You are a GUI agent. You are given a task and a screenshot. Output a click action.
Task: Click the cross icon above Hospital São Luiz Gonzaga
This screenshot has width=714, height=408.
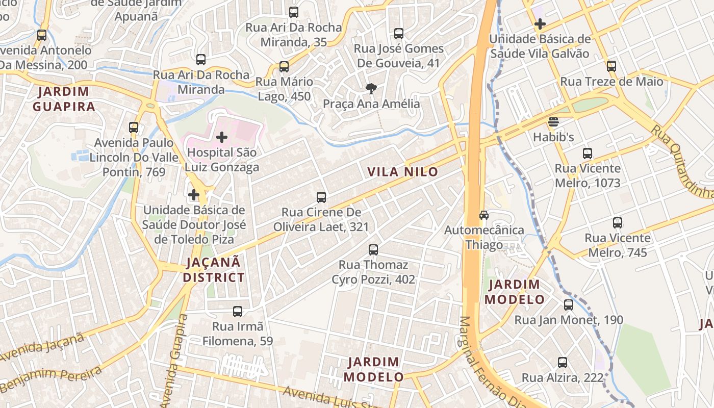222,137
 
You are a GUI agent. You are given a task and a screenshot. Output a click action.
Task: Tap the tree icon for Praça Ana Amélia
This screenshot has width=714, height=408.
371,89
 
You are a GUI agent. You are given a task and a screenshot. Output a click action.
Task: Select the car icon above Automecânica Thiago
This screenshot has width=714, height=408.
484,215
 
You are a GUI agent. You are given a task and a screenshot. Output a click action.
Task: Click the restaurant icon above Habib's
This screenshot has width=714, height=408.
553,122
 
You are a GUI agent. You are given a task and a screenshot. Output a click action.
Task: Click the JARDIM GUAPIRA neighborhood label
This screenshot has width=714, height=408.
64,99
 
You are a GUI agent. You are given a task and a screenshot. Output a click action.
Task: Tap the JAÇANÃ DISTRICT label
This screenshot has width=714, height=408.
214,270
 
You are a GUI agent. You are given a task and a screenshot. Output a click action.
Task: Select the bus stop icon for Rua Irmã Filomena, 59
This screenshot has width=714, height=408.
238,311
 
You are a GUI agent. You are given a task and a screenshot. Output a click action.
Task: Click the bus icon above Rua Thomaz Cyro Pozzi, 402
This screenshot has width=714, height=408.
373,250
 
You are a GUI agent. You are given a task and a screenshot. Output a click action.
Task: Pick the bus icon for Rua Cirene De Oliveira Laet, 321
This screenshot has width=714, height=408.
321,197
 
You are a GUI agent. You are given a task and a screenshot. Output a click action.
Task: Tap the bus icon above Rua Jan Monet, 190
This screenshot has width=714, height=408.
569,305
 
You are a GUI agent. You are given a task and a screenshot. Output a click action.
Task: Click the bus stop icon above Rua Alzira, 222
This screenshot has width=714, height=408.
563,363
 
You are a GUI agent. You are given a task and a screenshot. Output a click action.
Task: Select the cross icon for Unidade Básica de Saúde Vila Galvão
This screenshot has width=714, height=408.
540,24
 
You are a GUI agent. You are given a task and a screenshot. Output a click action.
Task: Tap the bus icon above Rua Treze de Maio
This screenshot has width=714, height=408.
611,66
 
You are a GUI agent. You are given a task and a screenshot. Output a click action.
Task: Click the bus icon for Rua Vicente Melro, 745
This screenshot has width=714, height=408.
618,223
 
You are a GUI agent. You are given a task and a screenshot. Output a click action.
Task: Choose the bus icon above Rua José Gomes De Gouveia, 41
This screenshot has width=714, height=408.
399,34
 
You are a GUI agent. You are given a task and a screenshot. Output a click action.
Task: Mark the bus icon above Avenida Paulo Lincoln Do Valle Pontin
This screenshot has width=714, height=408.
134,127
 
